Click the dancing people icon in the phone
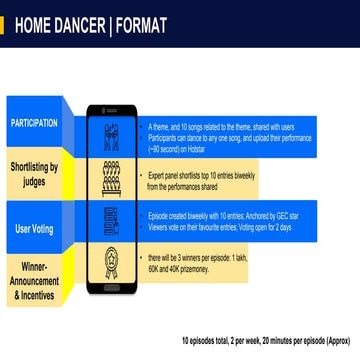coord(112,131)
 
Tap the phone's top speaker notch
coord(112,105)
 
